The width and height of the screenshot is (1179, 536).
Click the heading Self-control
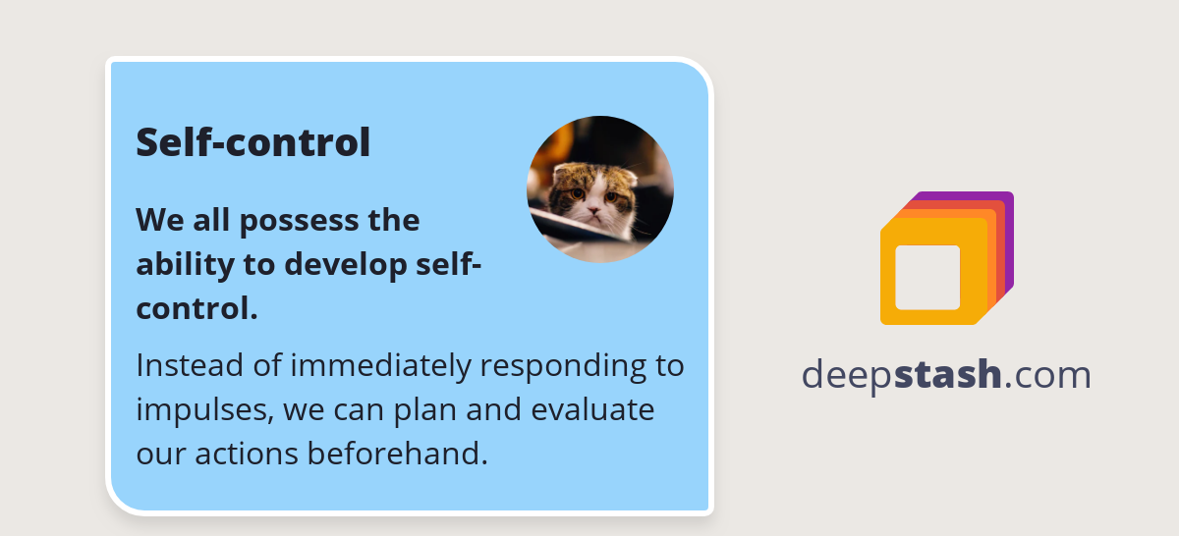pyautogui.click(x=253, y=142)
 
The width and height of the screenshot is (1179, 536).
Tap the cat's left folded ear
pyautogui.click(x=562, y=176)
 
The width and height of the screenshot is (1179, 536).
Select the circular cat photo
pyautogui.click(x=600, y=189)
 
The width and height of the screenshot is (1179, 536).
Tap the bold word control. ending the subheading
pyautogui.click(x=196, y=308)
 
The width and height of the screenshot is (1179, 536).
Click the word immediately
pyautogui.click(x=379, y=366)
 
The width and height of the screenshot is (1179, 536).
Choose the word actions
pyautogui.click(x=246, y=454)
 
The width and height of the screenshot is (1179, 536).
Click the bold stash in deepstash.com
pyautogui.click(x=947, y=375)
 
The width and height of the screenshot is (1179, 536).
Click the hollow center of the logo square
pyautogui.click(x=927, y=277)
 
